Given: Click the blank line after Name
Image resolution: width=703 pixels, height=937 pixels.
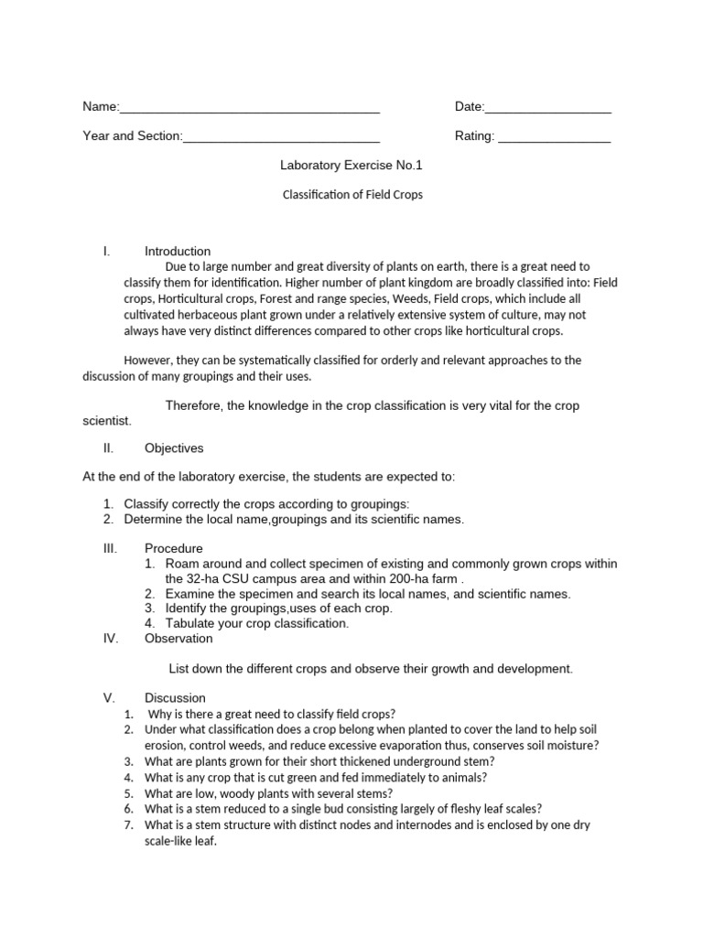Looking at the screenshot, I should [x=249, y=109].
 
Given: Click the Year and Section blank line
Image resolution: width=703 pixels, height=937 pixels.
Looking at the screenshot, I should [x=282, y=138].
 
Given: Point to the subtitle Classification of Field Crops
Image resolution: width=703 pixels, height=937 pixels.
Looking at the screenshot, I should [x=351, y=195].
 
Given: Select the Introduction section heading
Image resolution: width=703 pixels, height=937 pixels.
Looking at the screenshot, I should [x=178, y=251].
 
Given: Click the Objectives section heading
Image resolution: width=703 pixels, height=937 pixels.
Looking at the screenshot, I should [x=174, y=448].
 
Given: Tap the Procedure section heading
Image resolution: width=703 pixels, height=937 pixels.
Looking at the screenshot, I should [x=174, y=548].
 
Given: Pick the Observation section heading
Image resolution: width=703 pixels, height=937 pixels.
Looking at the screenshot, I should [x=178, y=638].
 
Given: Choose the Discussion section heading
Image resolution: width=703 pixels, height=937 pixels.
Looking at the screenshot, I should [x=175, y=698].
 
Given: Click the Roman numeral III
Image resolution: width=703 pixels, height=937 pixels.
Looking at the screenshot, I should [x=110, y=548].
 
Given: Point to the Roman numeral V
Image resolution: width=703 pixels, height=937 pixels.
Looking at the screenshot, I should [x=108, y=698].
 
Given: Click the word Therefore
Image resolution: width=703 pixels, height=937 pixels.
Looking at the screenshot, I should [x=195, y=405].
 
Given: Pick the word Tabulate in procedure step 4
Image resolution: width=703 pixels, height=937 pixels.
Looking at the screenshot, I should [x=191, y=623].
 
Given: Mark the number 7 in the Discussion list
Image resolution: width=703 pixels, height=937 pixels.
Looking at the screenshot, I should [x=128, y=824].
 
